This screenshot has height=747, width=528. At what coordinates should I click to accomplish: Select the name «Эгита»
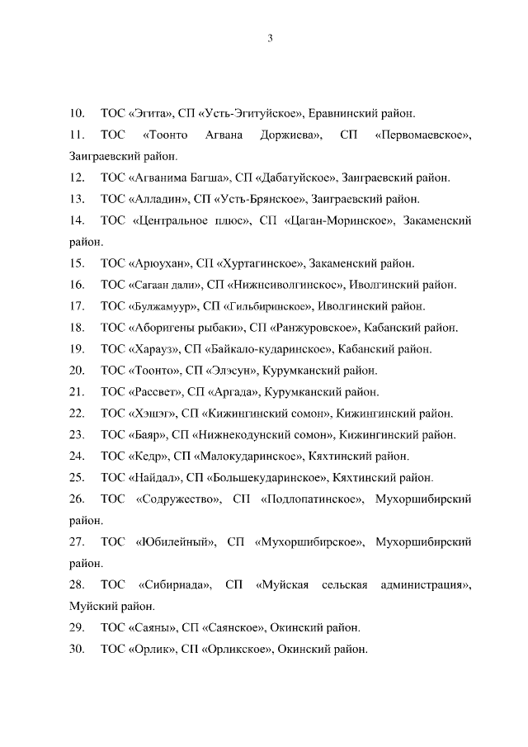pyautogui.click(x=150, y=112)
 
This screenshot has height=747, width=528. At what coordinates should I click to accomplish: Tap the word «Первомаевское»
pyautogui.click(x=422, y=134)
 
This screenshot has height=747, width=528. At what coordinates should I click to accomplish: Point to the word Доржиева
pyautogui.click(x=290, y=134)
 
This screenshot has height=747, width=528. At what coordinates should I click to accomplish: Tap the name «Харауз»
pyautogui.click(x=153, y=348)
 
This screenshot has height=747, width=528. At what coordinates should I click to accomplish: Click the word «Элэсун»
pyautogui.click(x=233, y=370)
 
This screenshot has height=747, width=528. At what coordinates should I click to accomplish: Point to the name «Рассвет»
pyautogui.click(x=154, y=391)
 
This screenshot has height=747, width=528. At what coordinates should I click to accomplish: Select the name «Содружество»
pyautogui.click(x=177, y=499)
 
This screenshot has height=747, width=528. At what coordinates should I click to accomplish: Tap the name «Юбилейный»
pyautogui.click(x=175, y=541)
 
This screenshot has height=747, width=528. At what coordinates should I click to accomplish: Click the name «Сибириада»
pyautogui.click(x=176, y=584)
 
